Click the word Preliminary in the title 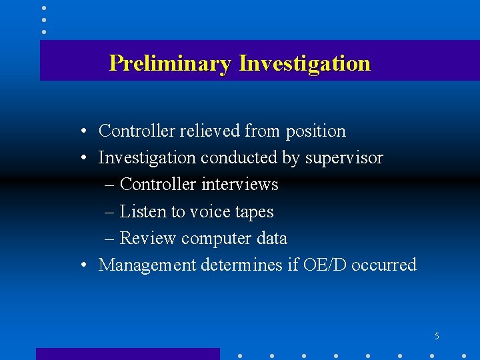170,63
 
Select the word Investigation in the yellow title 304,63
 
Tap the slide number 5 437,336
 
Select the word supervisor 344,159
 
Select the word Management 147,265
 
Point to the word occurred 383,265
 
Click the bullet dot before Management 83,265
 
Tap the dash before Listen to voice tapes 110,212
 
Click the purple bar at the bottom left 127,354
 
